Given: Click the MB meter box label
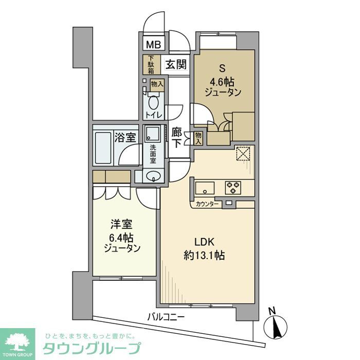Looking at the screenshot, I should pos(153,45).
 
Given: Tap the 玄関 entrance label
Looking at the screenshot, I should pos(176,64).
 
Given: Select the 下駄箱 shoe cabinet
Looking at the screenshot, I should pos(151,65).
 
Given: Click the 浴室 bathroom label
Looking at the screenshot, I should pos(125,138).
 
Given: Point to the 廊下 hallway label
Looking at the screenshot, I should pos(176,137).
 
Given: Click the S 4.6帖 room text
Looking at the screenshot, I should pos(223,81).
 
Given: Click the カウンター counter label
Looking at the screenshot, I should pos(207,204).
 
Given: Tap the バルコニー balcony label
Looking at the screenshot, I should pos(166,317).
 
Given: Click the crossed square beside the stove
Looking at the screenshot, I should pos(242,154).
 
